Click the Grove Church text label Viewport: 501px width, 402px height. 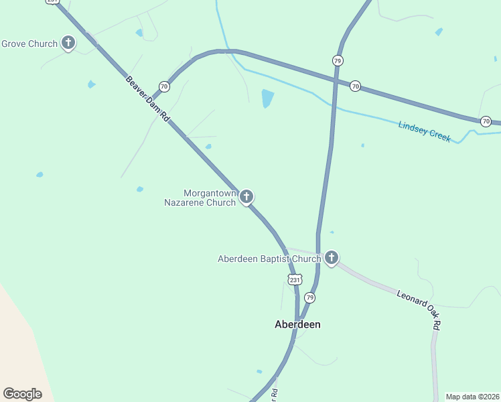(29, 44)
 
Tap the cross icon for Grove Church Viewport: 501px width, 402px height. (68, 44)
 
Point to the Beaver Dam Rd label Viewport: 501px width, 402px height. (148, 98)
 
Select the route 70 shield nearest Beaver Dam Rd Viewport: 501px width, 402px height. (164, 86)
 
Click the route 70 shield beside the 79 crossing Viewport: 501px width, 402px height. (355, 86)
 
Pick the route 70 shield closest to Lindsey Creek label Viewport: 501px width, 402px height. (486, 121)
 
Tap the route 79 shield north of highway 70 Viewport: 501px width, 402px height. (338, 60)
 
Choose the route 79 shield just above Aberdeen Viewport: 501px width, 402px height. (309, 297)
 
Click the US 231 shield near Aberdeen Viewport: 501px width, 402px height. (295, 279)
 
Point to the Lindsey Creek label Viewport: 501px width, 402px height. (425, 131)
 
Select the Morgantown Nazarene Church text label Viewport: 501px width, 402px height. (200, 198)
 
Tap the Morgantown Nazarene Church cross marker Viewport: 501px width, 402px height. (246, 196)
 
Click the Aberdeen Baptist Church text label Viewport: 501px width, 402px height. (269, 259)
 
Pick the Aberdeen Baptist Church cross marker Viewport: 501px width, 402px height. (331, 257)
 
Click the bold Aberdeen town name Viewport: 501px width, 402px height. (297, 324)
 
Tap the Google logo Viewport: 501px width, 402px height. (22, 394)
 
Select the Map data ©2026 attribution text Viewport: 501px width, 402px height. (473, 397)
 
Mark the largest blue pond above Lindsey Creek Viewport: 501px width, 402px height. (267, 98)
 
